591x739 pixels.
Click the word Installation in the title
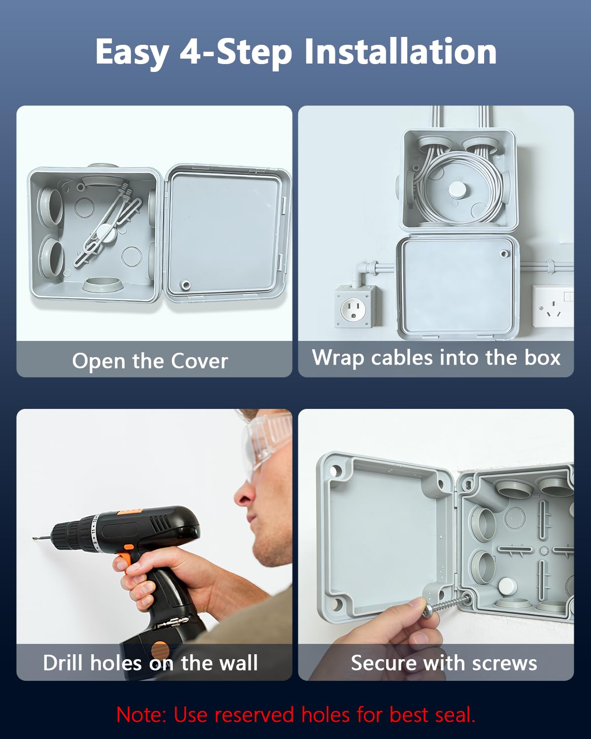(x=400, y=52)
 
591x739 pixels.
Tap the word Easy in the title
(x=132, y=53)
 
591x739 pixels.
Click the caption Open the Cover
(x=150, y=361)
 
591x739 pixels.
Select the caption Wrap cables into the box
(x=436, y=358)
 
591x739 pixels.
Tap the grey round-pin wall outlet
(x=355, y=306)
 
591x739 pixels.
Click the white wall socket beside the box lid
(x=553, y=306)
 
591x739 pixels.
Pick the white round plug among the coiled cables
(x=458, y=189)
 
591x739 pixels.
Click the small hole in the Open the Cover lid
(x=186, y=285)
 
